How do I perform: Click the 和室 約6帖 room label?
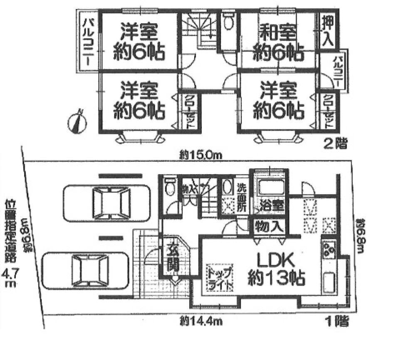click(x=278, y=42)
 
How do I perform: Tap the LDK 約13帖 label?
click(x=276, y=269)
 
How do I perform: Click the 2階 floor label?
click(x=336, y=144)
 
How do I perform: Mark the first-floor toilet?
click(x=169, y=187)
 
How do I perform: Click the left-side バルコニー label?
click(x=89, y=42)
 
